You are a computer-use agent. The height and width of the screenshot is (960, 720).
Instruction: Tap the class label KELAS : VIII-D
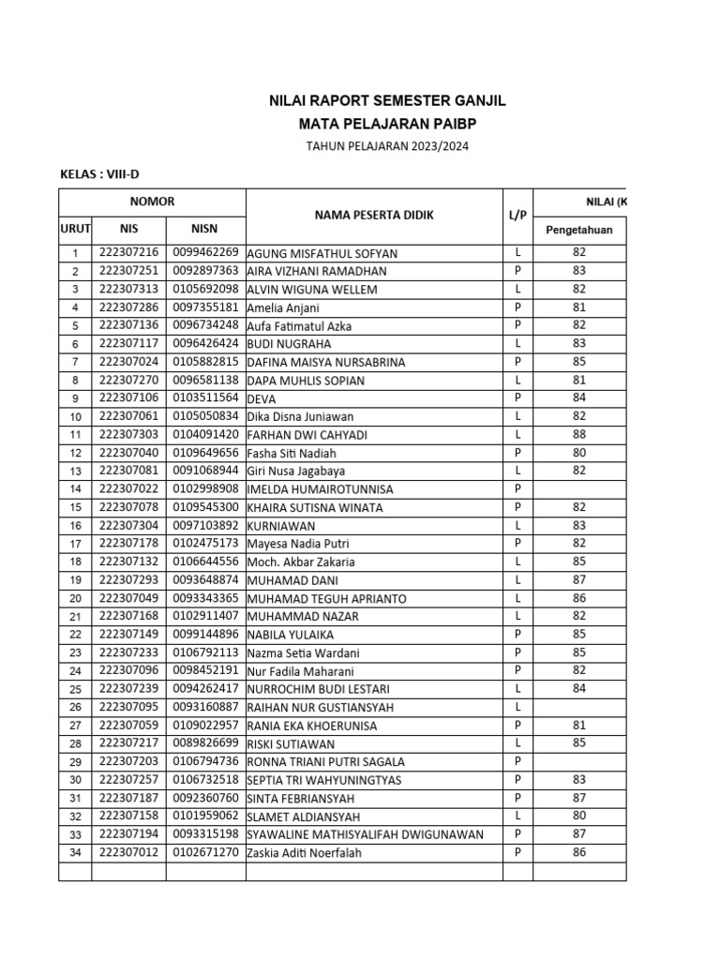tap(99, 173)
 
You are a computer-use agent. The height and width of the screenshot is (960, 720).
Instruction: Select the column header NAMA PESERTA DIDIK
tap(374, 216)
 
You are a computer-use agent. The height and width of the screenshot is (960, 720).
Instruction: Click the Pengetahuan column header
tap(578, 230)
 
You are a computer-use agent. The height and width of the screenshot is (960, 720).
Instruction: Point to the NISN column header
tap(205, 227)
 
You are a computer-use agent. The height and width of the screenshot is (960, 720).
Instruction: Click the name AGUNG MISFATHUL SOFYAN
tap(322, 254)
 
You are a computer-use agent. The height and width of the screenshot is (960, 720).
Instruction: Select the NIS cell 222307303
tap(128, 435)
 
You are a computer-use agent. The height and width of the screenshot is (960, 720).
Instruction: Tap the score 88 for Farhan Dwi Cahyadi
tap(578, 435)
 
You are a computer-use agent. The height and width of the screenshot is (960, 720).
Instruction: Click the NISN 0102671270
tap(205, 852)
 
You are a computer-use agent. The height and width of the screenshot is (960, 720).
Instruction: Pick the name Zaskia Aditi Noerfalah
tap(304, 853)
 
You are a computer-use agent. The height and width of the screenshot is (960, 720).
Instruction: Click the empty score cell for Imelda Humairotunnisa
tap(578, 489)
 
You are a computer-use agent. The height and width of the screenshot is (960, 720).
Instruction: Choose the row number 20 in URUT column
tap(75, 598)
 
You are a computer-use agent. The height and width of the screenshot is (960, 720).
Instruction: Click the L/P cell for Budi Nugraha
tap(517, 344)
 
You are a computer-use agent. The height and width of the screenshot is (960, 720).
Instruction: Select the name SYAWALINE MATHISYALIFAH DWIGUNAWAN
tap(366, 834)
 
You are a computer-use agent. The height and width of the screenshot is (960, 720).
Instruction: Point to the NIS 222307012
tap(128, 852)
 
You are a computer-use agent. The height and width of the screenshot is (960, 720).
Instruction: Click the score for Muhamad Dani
tap(578, 580)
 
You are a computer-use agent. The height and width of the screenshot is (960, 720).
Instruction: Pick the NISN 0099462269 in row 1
tap(205, 253)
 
